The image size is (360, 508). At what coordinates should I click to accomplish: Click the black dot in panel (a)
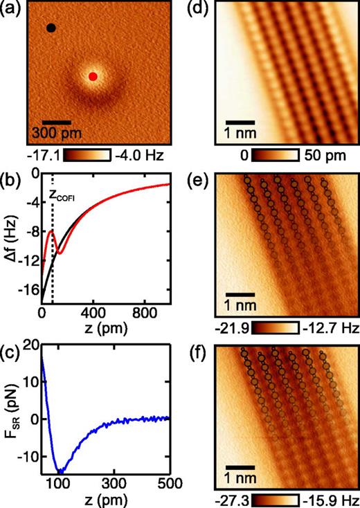pos(51,28)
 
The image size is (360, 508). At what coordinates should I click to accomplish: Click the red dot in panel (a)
pos(93,76)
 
